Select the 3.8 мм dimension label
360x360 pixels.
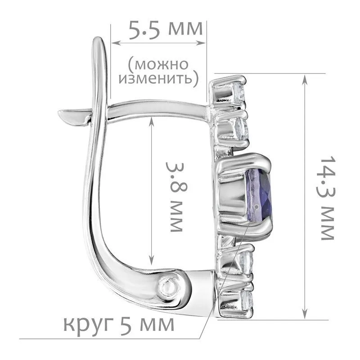pos(176,197)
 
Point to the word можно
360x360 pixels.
pos(158,64)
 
